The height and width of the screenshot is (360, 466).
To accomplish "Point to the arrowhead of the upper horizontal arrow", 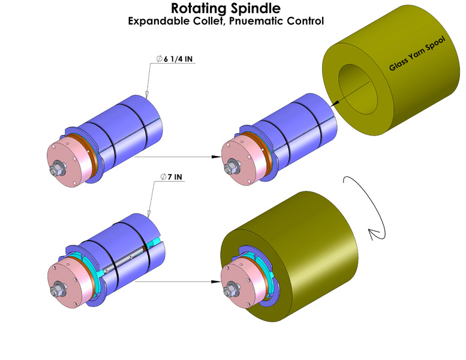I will (x=214, y=157).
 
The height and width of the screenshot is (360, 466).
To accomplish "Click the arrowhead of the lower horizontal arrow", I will (x=214, y=280).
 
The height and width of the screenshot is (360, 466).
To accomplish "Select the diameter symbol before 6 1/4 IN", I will (x=159, y=59).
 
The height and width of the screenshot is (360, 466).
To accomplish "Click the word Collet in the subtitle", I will (x=202, y=21).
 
